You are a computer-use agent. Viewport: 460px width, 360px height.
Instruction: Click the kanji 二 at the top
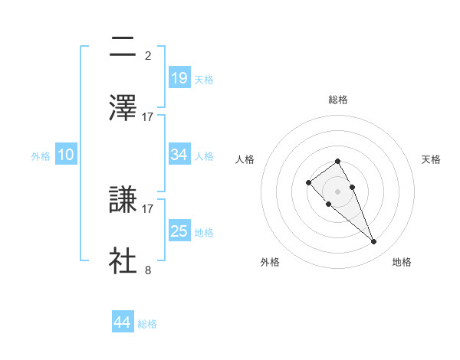pos(123,47)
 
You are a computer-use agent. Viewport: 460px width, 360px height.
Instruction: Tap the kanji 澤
pos(123,108)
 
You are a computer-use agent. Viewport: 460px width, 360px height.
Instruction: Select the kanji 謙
pos(123,200)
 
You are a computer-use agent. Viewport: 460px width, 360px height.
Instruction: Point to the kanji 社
pos(123,260)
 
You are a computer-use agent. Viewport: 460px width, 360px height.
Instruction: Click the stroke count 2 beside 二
pos(148,55)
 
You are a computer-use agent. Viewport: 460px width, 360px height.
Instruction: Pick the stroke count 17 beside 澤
pos(148,116)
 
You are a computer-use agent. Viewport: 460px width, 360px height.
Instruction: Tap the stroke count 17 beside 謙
pos(148,208)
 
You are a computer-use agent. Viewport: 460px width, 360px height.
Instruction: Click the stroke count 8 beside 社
pos(148,269)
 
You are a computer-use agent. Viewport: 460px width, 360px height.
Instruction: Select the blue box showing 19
pos(179,77)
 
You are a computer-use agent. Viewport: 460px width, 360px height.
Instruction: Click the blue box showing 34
pos(179,154)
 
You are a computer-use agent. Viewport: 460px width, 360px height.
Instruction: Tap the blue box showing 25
pos(179,231)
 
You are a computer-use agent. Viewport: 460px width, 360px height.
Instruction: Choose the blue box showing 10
pos(66,154)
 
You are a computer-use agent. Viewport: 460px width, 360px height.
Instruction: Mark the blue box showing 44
pos(123,322)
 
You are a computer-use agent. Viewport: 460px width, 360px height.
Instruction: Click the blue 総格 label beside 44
pos(148,324)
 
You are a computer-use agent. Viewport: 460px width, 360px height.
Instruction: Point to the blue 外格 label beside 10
pos(41,155)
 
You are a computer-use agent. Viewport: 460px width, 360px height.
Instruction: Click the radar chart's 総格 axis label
pos(338,100)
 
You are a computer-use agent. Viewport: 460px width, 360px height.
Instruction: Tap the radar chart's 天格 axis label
pos(432,159)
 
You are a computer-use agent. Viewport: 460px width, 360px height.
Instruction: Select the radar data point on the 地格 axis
pos(374,242)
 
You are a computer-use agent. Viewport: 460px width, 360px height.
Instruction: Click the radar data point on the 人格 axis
pos(308,182)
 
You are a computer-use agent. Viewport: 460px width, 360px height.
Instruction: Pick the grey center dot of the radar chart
pos(338,191)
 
